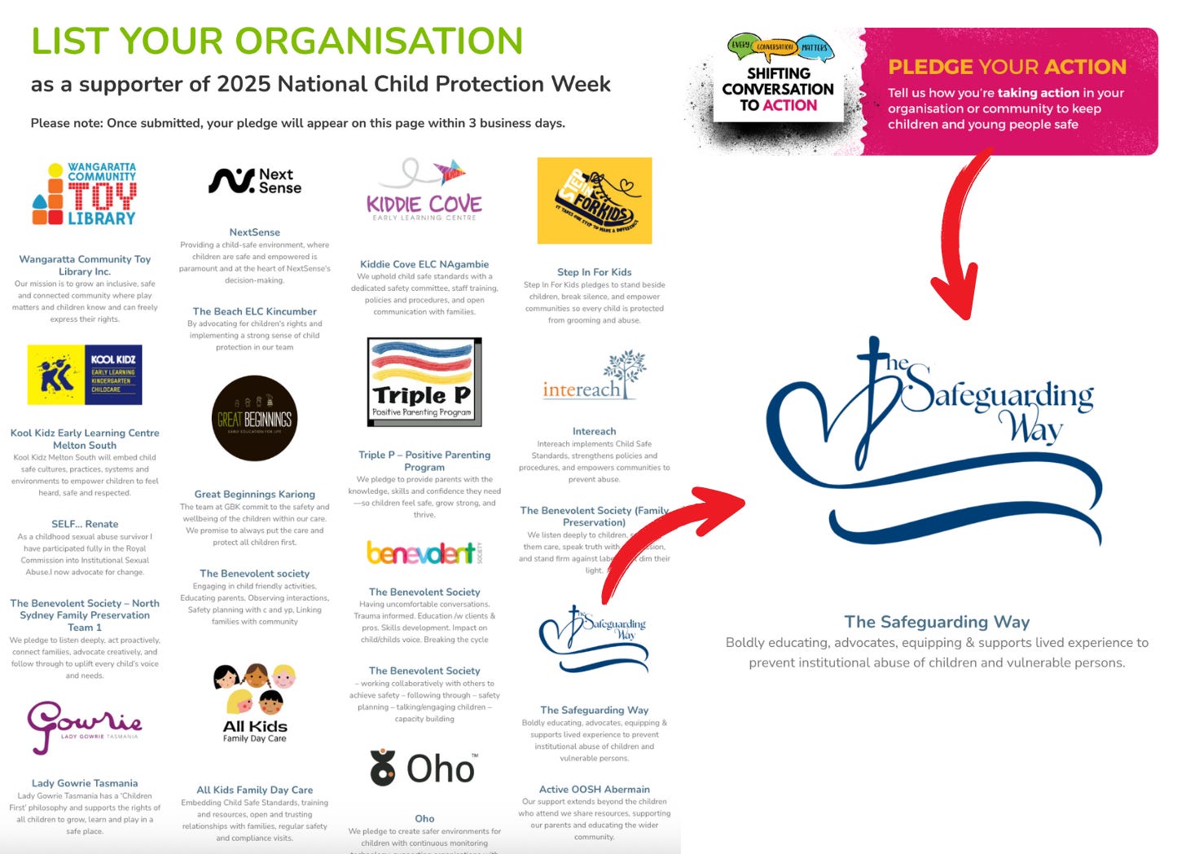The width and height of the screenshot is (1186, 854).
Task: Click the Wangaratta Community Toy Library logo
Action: point(85,194)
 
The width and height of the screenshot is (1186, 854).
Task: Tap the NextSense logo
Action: point(255,181)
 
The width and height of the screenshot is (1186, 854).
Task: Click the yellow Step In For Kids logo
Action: point(595,200)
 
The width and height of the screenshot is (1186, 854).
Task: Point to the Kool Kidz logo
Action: point(85,375)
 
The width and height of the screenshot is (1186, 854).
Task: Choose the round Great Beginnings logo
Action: point(255,419)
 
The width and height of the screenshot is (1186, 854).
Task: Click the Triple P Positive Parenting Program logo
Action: point(424,381)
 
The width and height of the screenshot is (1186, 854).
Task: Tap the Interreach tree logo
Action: point(595,376)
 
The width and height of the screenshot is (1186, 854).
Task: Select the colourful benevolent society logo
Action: point(424,553)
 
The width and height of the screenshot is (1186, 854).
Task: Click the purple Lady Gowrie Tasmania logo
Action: point(85,725)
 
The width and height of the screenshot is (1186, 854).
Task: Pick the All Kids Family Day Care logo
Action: point(255,702)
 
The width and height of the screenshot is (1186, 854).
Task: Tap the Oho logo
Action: point(424,768)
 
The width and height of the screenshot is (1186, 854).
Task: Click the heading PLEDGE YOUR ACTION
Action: point(1007,67)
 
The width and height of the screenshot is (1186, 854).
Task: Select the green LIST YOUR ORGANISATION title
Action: point(277,41)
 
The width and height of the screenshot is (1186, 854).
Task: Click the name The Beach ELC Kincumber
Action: point(255,311)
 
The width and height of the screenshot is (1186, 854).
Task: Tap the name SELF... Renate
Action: point(85,524)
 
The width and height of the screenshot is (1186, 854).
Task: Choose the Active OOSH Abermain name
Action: point(595,790)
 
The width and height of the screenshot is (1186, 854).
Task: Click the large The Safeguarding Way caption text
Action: point(937,622)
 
